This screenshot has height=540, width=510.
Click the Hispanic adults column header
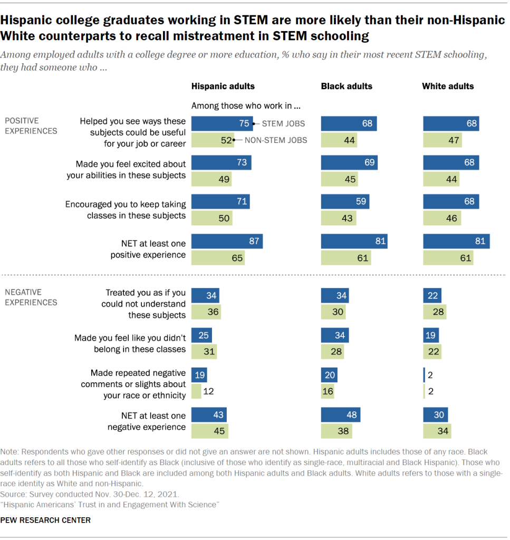pyautogui.click(x=223, y=86)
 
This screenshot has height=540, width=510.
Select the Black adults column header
pyautogui.click(x=347, y=86)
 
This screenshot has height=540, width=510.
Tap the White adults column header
pyautogui.click(x=448, y=86)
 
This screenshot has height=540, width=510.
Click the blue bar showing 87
pyautogui.click(x=227, y=242)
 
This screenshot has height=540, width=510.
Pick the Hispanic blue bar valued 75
pyautogui.click(x=222, y=123)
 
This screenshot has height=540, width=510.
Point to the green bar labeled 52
pyautogui.click(x=213, y=140)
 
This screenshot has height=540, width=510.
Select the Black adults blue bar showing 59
pyautogui.click(x=345, y=201)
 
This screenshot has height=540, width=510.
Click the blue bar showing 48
pyautogui.click(x=341, y=414)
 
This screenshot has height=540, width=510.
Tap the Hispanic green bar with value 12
pyautogui.click(x=196, y=391)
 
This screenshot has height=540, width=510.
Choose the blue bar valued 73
pyautogui.click(x=221, y=162)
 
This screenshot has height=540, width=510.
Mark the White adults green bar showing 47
pyautogui.click(x=442, y=140)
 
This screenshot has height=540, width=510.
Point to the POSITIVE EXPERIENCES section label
pyautogui.click(x=31, y=126)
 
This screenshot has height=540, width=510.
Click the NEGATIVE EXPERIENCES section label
pyautogui.click(x=31, y=297)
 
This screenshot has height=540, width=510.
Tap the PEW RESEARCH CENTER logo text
pyautogui.click(x=45, y=520)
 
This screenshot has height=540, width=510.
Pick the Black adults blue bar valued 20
pyautogui.click(x=329, y=374)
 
